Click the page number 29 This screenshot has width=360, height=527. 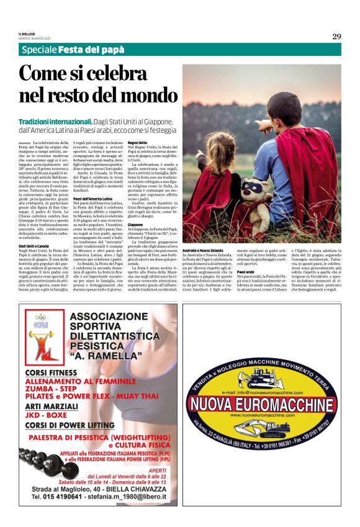coord(336,36)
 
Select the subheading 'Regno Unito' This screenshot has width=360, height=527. coord(137,143)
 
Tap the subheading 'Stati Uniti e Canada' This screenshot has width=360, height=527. coord(37,246)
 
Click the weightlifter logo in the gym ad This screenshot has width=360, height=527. coord(40,335)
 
